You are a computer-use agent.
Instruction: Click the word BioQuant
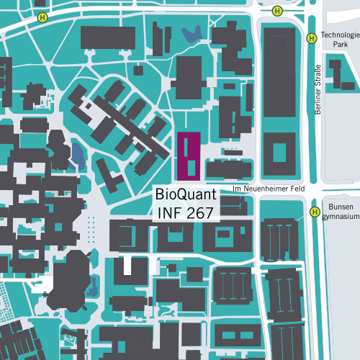click(186, 195)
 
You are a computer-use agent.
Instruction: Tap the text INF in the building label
click(171, 213)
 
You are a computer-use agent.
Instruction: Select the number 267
click(203, 213)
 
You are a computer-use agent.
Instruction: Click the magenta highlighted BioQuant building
click(188, 155)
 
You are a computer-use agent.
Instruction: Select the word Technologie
click(339, 35)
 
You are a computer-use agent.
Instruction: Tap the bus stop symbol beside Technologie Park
click(311, 39)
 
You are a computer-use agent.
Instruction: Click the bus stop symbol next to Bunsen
click(315, 212)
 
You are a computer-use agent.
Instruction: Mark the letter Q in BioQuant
click(184, 195)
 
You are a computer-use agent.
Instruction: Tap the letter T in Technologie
click(323, 35)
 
